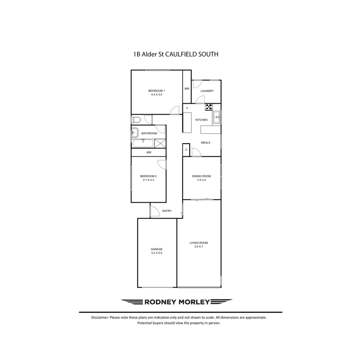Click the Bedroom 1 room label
[156, 91]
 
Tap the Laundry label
[207, 91]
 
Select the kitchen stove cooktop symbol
[209, 107]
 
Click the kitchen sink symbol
[217, 117]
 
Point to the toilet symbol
[136, 120]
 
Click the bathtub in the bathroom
[143, 144]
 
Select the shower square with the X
[160, 144]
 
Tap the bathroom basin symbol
[134, 133]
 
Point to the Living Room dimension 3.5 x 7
[199, 247]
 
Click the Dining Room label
[201, 176]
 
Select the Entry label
[167, 211]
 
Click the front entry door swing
[154, 211]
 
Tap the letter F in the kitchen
[187, 108]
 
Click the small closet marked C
[186, 150]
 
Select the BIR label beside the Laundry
[187, 89]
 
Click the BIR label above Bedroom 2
[149, 152]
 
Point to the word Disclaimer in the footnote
[100, 318]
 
